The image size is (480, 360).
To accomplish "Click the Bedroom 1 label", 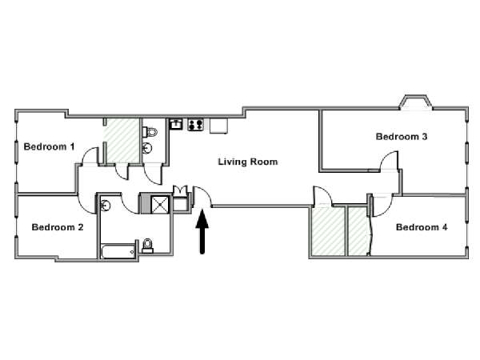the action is [49, 146].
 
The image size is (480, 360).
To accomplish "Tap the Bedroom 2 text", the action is [58, 227].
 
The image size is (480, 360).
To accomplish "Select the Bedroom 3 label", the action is [402, 137].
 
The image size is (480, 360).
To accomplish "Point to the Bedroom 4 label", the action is [422, 227].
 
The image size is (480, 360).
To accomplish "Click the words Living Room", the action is [248, 162].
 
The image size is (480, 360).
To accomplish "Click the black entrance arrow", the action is [202, 232].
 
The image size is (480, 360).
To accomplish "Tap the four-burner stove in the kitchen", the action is [196, 125].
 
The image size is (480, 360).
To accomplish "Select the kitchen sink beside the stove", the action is [176, 124].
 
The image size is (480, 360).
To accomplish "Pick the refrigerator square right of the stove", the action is [218, 126].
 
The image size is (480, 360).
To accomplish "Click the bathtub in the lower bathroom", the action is [118, 251].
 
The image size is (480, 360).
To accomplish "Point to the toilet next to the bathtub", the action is [147, 246].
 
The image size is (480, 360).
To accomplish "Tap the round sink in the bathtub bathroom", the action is [106, 205].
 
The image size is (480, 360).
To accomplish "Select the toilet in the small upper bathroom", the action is [150, 132].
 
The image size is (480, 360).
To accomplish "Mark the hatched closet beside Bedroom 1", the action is [122, 141].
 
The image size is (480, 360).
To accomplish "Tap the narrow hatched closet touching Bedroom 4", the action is [358, 231].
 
